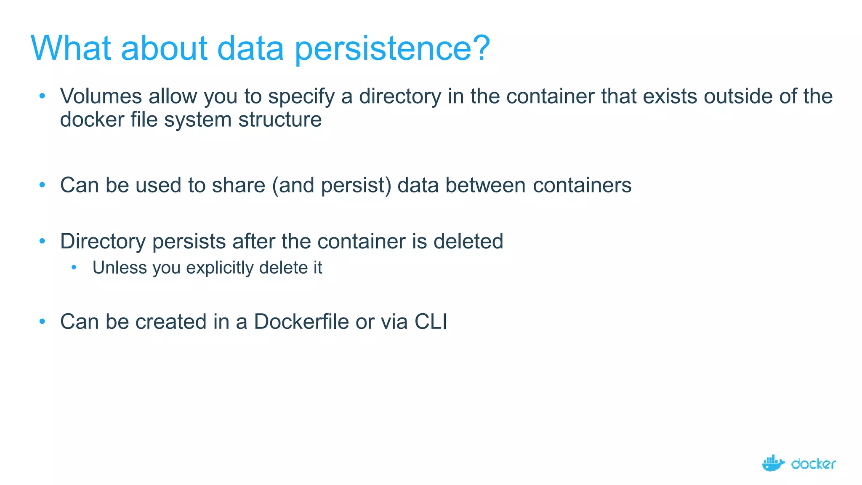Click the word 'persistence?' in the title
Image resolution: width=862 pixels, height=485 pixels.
point(392,49)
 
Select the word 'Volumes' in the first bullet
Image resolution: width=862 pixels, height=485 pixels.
point(101,96)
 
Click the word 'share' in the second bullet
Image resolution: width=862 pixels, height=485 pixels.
point(238,185)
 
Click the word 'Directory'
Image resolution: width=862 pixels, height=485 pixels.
point(103,242)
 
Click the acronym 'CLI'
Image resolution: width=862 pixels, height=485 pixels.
point(431,322)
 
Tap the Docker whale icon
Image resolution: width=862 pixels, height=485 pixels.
point(773,463)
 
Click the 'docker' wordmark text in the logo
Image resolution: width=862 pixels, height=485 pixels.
point(813,464)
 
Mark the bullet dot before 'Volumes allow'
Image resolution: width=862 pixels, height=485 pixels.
point(42,96)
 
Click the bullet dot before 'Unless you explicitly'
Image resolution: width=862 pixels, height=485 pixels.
point(74,267)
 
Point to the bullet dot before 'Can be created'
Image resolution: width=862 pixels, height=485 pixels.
point(42,322)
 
